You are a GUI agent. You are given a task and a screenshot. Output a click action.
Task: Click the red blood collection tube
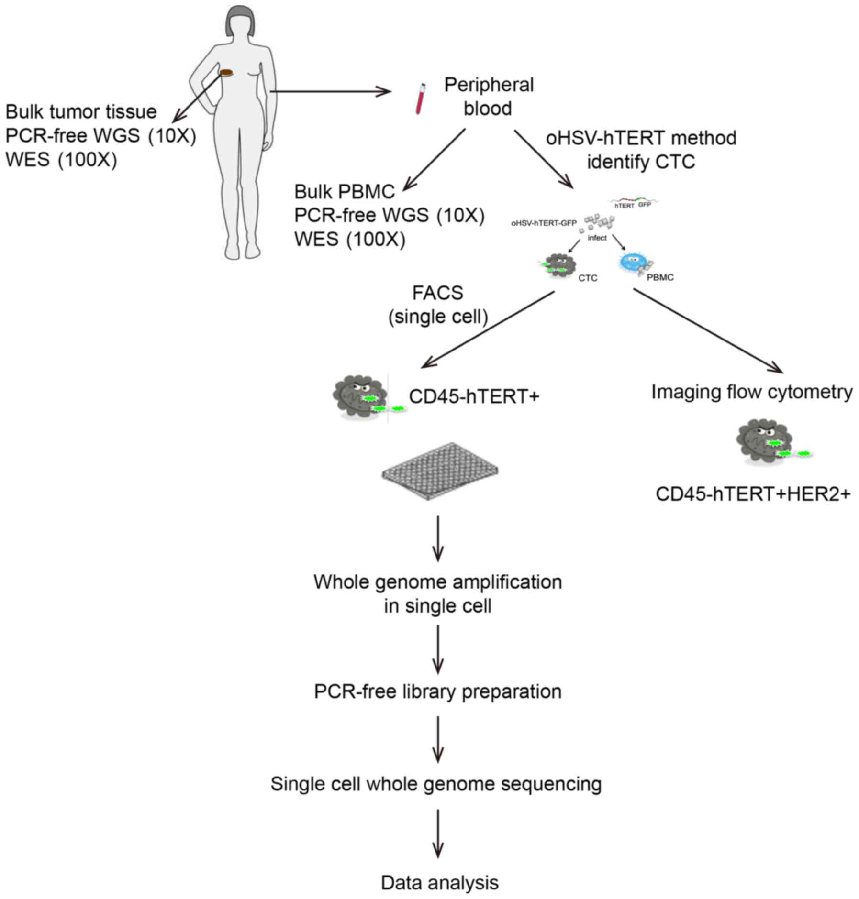pos(420,99)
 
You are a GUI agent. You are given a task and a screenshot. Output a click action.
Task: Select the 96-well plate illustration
pos(440,471)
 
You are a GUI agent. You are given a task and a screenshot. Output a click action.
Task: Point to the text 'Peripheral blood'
pos(489,97)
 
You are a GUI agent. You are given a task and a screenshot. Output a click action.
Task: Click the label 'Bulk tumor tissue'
pos(81,112)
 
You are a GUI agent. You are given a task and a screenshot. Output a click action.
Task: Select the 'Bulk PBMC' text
pos(345,192)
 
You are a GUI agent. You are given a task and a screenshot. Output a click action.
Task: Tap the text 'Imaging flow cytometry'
pos(752,392)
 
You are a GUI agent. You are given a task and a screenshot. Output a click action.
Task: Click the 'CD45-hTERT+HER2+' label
pos(753,494)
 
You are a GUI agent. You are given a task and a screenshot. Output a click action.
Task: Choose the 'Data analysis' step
pos(439,883)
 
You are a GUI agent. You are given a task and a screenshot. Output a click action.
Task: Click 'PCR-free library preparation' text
pos(437,691)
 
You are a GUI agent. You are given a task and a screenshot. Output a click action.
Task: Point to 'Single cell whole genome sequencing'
pos(436,784)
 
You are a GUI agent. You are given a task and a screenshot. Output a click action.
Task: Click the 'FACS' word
pos(437,293)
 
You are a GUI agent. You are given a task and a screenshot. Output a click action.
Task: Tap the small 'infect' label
pos(597,238)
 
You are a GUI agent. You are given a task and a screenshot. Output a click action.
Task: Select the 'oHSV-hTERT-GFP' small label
pos(544,223)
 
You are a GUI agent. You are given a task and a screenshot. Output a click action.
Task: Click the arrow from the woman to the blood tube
pos(330,91)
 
